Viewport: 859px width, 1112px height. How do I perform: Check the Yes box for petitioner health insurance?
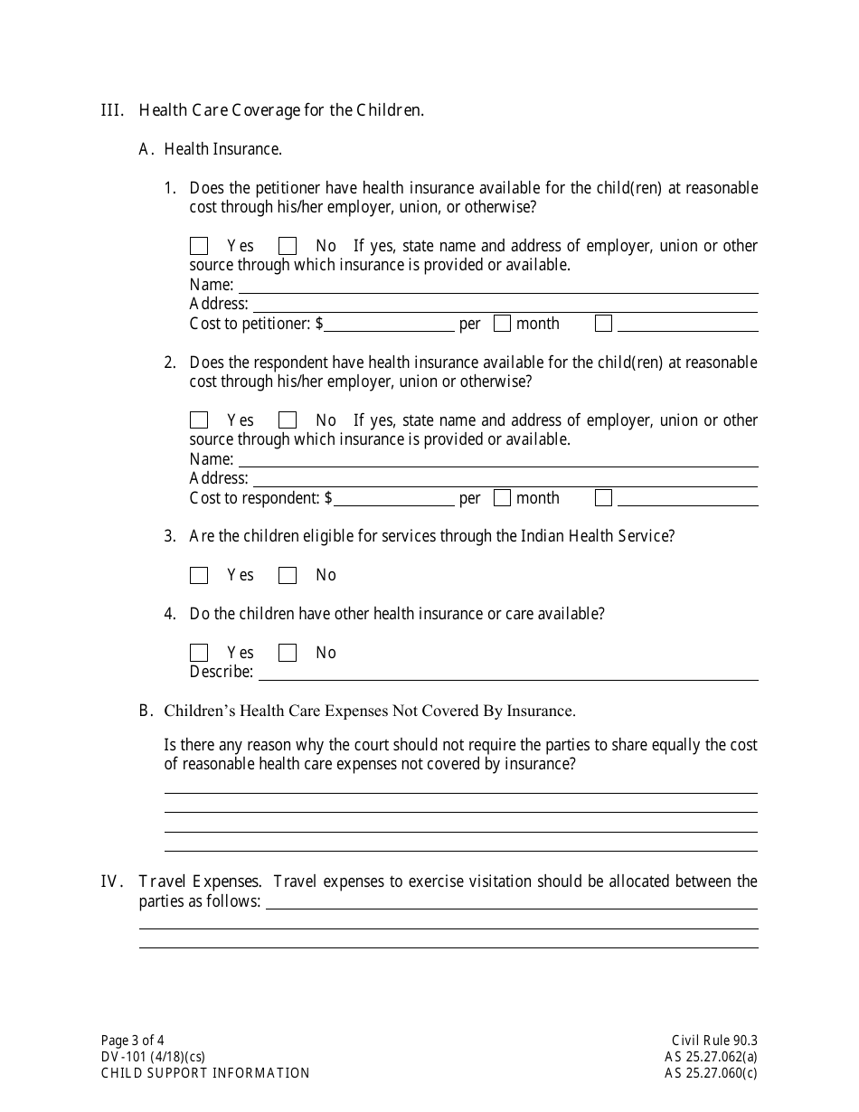199,246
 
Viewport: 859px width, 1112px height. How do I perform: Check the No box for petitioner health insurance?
288,246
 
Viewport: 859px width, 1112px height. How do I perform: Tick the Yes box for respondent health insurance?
199,420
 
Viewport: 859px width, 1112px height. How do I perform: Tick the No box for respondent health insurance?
288,420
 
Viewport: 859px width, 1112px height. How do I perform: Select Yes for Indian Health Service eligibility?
199,575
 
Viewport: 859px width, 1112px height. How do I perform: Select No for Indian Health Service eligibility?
288,575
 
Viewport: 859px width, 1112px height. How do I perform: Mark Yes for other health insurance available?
199,653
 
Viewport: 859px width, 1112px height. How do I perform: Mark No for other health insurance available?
288,653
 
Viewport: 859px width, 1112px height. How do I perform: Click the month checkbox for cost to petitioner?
503,324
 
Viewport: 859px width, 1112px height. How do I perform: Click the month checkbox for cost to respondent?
503,498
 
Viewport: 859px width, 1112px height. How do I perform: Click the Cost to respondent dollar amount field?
393,498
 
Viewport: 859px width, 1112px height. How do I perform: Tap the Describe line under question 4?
506,672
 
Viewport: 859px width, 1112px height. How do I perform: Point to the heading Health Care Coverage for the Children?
281,110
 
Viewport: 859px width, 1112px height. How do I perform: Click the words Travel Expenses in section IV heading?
200,881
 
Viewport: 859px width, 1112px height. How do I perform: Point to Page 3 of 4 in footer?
132,1040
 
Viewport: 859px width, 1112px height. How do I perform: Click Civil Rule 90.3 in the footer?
714,1040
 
